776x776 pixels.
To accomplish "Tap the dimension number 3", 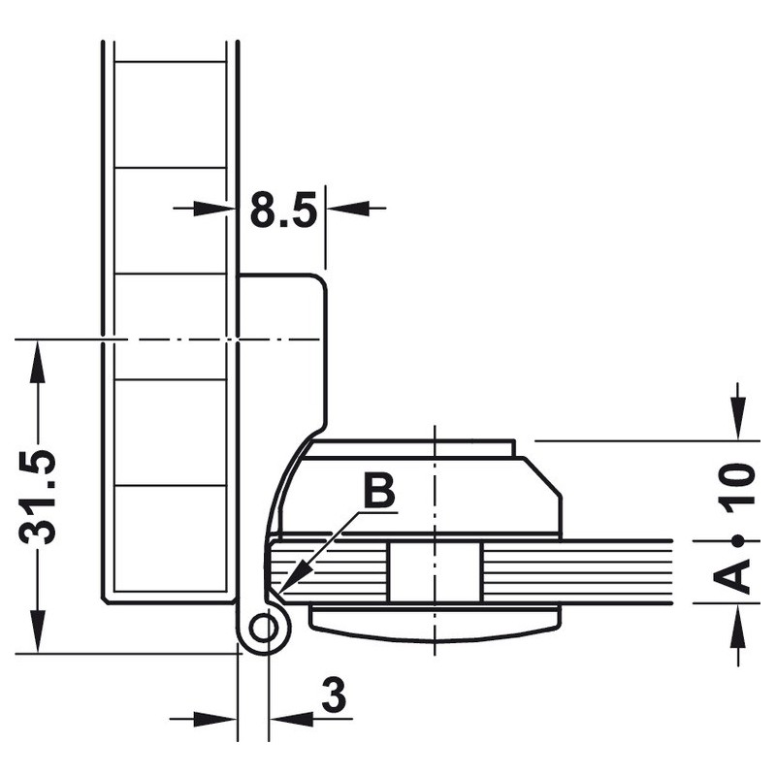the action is [334, 695].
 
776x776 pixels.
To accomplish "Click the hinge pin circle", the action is [263, 629].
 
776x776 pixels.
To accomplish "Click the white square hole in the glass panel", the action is [434, 572].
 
